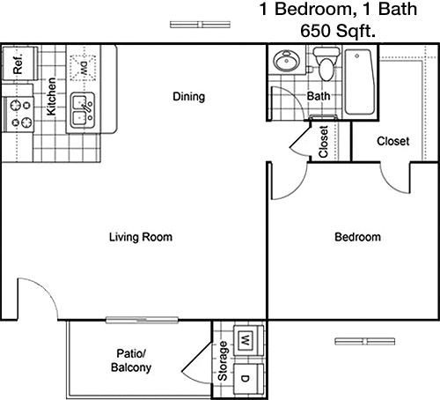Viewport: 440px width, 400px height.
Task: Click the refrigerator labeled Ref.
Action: coord(20,63)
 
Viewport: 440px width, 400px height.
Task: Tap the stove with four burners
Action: coord(18,114)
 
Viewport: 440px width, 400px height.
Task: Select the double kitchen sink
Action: coord(83,110)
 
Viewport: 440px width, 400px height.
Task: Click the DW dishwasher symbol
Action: coord(84,68)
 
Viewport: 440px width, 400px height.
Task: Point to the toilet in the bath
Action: coord(326,64)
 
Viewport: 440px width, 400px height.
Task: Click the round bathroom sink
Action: coord(287,61)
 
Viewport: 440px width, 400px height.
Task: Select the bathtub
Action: coord(359,82)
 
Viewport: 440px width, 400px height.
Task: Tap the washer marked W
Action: coord(249,341)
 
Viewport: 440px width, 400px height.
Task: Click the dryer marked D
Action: coord(249,379)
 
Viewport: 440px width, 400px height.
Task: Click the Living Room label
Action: coord(141,237)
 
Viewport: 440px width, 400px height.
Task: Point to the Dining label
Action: coord(188,96)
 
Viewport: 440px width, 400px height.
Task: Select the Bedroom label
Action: coord(357,237)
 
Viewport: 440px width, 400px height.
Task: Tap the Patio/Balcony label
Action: coord(131,360)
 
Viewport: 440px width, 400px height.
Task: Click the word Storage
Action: coord(223,361)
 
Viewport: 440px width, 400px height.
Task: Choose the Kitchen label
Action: coord(51,96)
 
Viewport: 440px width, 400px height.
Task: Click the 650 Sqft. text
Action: coord(338,31)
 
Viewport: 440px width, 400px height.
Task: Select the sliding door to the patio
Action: coord(142,320)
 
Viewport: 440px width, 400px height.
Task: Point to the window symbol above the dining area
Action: coord(200,25)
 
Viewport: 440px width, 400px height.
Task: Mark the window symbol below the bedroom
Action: coord(365,341)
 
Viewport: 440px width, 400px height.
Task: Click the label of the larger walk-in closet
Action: coord(393,141)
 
